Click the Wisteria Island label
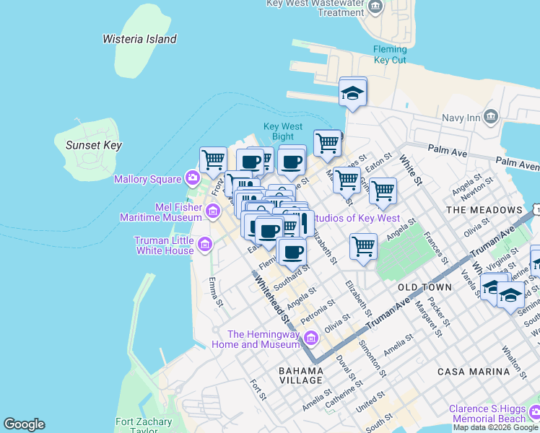click(x=139, y=39)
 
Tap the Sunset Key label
click(x=94, y=145)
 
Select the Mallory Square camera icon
click(x=192, y=178)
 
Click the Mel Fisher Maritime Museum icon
click(x=212, y=211)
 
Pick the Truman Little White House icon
click(x=205, y=245)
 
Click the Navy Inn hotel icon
click(x=492, y=117)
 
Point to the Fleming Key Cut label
click(x=390, y=54)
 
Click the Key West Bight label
click(x=282, y=131)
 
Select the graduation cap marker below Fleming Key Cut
click(x=353, y=92)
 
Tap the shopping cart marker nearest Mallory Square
click(x=213, y=159)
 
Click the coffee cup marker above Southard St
click(x=293, y=253)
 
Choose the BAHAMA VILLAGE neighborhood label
click(x=301, y=375)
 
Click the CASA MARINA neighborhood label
click(x=474, y=371)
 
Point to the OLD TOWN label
click(x=424, y=287)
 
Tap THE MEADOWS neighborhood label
click(x=483, y=210)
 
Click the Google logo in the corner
click(x=24, y=424)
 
